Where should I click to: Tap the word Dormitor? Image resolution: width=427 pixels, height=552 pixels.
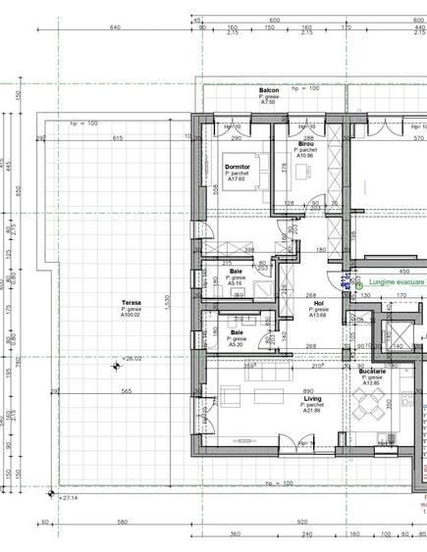pos(237,167)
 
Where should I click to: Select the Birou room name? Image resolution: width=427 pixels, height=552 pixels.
pos(305,143)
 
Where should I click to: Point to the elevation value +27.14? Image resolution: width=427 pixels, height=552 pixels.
pos(68,499)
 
